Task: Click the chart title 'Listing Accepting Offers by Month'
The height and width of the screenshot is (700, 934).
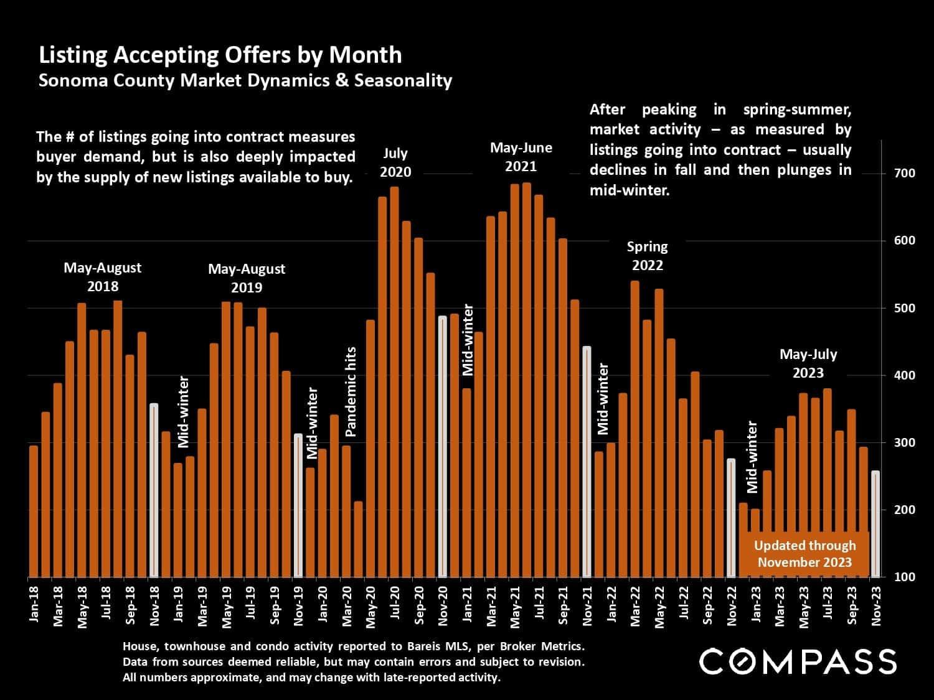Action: [x=220, y=55]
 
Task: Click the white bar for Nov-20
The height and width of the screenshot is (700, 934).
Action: [x=443, y=446]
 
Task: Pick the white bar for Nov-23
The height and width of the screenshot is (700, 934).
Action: [x=875, y=524]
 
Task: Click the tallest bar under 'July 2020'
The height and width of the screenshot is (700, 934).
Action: [x=394, y=381]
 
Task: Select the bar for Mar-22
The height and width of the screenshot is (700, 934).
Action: [x=635, y=429]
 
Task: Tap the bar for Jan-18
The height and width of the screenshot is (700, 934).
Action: [x=34, y=511]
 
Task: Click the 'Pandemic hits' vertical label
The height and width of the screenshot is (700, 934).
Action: [x=351, y=391]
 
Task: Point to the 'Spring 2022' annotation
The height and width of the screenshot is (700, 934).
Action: [x=648, y=256]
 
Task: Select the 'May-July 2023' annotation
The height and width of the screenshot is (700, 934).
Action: [x=808, y=363]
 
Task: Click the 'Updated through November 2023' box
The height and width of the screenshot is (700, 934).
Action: [x=804, y=553]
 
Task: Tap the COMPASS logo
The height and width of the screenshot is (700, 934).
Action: [x=798, y=661]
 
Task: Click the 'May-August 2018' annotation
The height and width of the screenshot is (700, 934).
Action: [x=103, y=277]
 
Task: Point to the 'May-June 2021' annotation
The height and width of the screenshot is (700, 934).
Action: [x=521, y=157]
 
